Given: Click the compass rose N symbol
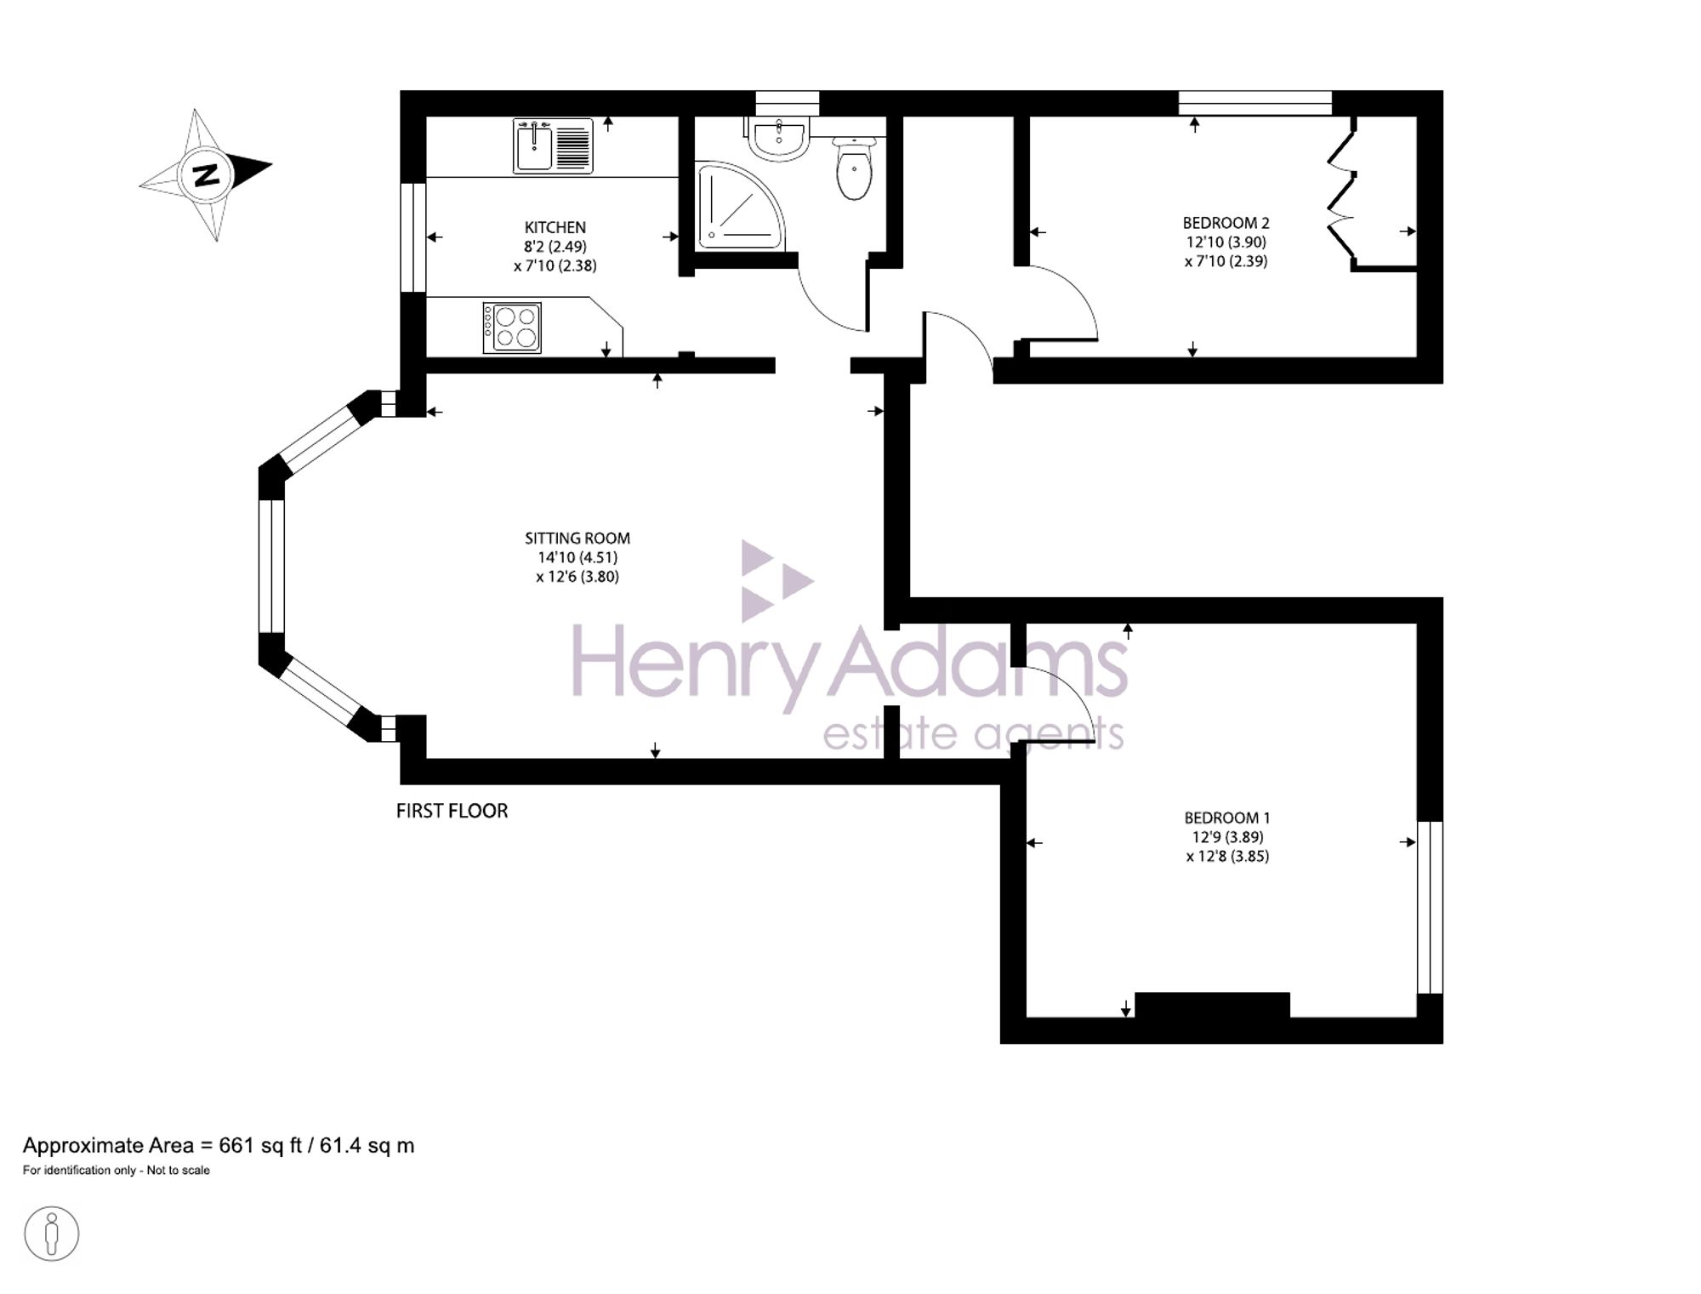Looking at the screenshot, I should pos(205,174).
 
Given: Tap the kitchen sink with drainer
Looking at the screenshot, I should pos(553,146).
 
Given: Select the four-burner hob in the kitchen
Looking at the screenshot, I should pos(513,328).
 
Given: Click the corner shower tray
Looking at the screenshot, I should pos(737,207).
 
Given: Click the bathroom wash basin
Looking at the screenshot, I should pos(779,139).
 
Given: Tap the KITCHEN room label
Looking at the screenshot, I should pos(555,227).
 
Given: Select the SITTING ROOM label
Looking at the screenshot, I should pos(577,538).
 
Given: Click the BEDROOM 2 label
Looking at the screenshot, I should pos(1226,223).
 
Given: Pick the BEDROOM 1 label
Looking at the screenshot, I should pos(1226,818).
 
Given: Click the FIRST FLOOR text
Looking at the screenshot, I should pos(452,811).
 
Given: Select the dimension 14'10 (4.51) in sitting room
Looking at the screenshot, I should pos(577,557).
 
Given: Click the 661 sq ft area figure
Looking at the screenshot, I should pos(260,1145).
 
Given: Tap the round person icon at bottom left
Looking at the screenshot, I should pos(52,1234).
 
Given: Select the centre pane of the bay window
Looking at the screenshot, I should pos(271,566).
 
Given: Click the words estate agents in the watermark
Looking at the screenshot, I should pos(973,733).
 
